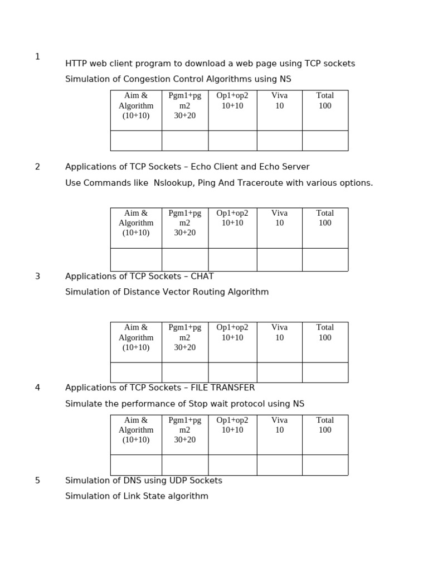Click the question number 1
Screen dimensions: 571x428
[37, 56]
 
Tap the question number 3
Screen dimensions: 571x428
[37, 276]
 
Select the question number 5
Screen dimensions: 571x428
[37, 480]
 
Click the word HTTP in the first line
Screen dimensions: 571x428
[76, 64]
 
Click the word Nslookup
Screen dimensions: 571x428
[173, 183]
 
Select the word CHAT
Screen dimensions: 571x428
[202, 276]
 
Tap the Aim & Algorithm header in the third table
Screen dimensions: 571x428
[136, 337]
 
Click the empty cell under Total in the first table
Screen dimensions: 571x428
[325, 141]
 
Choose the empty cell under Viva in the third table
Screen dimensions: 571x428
[279, 372]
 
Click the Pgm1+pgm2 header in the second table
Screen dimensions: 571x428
[185, 222]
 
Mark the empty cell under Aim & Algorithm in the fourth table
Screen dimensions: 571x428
[136, 464]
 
